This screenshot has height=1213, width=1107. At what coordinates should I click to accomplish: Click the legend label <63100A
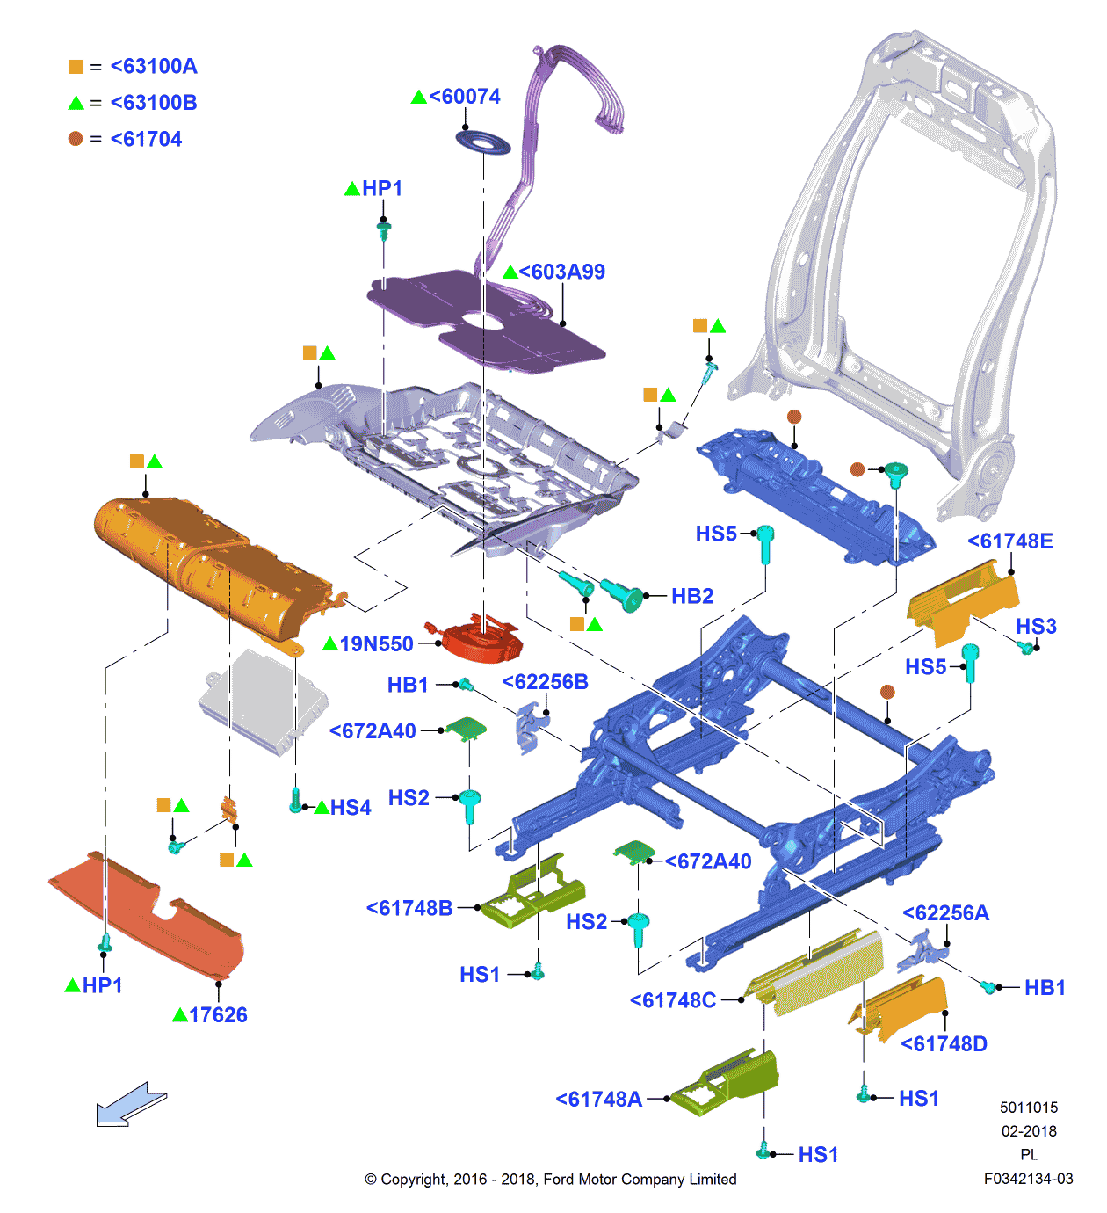(x=154, y=67)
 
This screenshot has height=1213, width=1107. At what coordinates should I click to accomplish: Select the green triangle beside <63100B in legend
(x=76, y=103)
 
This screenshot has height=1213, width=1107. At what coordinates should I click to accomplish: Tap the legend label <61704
(x=146, y=140)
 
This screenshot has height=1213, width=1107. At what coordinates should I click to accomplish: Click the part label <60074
(x=465, y=97)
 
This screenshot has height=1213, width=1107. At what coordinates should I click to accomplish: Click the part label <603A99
(x=561, y=272)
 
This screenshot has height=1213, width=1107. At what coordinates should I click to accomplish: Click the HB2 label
(x=692, y=597)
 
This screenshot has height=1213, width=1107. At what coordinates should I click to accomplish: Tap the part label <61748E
(x=1009, y=541)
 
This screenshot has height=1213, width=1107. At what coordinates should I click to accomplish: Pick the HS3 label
(x=1036, y=627)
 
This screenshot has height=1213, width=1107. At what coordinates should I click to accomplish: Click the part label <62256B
(x=545, y=682)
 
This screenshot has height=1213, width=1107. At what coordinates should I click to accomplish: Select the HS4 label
(x=351, y=808)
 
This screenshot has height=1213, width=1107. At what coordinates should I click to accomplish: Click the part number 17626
(x=218, y=1015)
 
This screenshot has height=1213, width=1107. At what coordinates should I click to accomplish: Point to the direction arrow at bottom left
(x=130, y=1104)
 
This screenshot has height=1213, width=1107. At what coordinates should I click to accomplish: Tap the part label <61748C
(x=673, y=1000)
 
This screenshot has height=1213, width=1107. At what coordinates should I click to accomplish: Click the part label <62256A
(x=945, y=913)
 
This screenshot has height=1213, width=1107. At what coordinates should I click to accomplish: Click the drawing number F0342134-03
(x=1028, y=1179)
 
